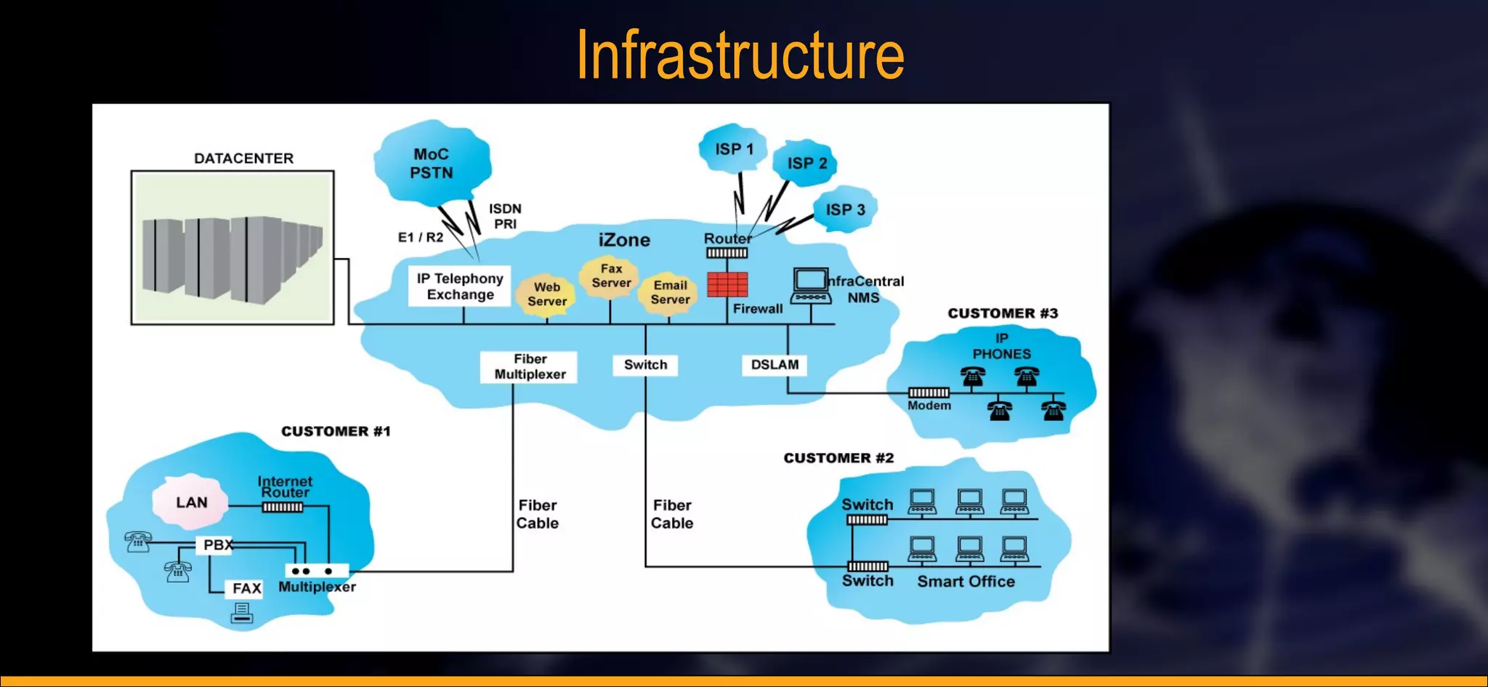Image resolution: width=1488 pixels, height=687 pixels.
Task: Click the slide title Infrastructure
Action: pyautogui.click(x=740, y=55)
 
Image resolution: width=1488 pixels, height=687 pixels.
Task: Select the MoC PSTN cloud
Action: pyautogui.click(x=432, y=164)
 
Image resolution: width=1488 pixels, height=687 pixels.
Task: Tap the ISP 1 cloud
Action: pyautogui.click(x=734, y=149)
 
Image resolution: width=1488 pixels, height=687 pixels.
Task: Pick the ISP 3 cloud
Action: pyautogui.click(x=845, y=209)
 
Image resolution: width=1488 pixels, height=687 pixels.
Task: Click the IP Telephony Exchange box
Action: pyautogui.click(x=460, y=286)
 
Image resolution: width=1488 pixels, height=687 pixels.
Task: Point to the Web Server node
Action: pyautogui.click(x=546, y=294)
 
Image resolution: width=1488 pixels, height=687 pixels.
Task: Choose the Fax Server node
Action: pyautogui.click(x=611, y=276)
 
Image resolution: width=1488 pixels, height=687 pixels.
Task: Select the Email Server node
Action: pyautogui.click(x=670, y=292)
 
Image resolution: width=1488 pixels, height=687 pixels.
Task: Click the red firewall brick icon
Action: pyautogui.click(x=727, y=284)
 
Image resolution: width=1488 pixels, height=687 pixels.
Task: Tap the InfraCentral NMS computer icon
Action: pyautogui.click(x=811, y=286)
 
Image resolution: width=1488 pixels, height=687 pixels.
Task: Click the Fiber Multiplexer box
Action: pyautogui.click(x=529, y=367)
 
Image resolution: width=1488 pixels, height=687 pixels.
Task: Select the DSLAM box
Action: pyautogui.click(x=775, y=365)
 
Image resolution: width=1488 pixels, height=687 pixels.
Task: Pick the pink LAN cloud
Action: pyautogui.click(x=191, y=502)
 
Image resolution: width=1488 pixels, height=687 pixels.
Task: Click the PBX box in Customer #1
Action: pyautogui.click(x=217, y=545)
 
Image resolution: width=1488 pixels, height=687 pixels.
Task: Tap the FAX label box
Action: pyautogui.click(x=246, y=588)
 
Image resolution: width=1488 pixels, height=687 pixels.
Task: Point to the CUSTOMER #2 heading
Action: pyautogui.click(x=838, y=458)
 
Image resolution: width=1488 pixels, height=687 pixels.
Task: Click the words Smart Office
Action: pyautogui.click(x=966, y=582)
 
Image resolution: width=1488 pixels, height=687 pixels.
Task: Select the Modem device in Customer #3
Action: pyautogui.click(x=929, y=393)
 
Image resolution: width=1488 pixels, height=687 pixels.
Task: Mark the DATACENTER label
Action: pyautogui.click(x=243, y=158)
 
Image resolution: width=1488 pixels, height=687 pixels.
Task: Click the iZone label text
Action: pyautogui.click(x=624, y=240)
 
